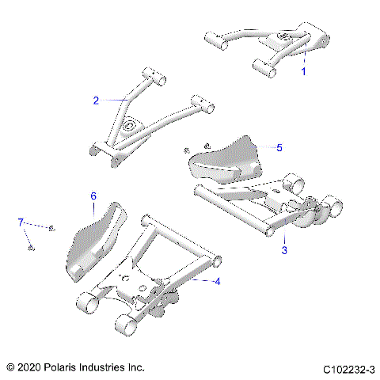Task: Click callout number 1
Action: [302, 70]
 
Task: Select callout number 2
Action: [96, 101]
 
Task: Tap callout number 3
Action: [284, 251]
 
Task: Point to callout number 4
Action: [218, 280]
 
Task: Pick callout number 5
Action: [278, 147]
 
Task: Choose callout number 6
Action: [93, 195]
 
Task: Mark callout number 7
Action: [21, 223]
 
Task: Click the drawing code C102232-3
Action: [348, 368]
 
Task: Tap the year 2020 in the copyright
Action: [29, 368]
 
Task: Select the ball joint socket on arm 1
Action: [283, 37]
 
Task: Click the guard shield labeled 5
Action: [226, 162]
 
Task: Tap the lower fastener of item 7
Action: [30, 249]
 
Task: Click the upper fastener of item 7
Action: [51, 228]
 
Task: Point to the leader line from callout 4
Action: [203, 279]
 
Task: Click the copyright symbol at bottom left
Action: [9, 368]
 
